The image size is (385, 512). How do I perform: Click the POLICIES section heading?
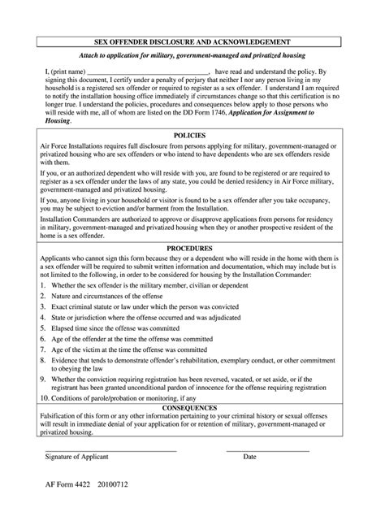coord(192,135)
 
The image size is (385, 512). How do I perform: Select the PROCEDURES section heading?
coord(192,248)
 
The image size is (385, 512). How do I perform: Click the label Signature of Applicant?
coord(76,457)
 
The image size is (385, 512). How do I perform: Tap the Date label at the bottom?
coord(249,457)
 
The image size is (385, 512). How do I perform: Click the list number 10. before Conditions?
coord(45,398)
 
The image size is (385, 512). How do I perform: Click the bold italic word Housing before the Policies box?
coord(58,122)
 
